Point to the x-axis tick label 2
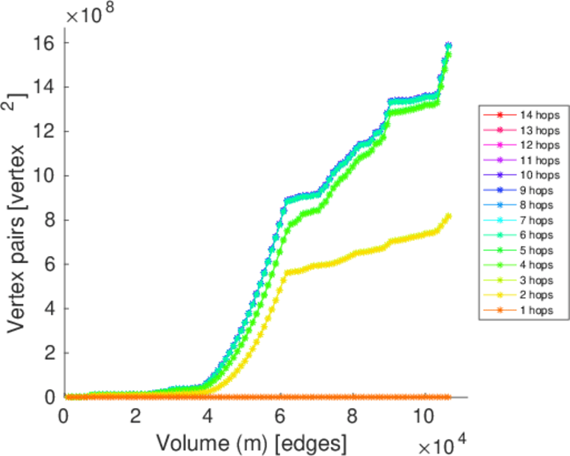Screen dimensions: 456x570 click(135, 416)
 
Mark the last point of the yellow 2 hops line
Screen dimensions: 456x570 click(448, 216)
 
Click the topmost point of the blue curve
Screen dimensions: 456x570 click(448, 46)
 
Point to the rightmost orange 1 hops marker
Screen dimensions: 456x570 click(448, 397)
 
